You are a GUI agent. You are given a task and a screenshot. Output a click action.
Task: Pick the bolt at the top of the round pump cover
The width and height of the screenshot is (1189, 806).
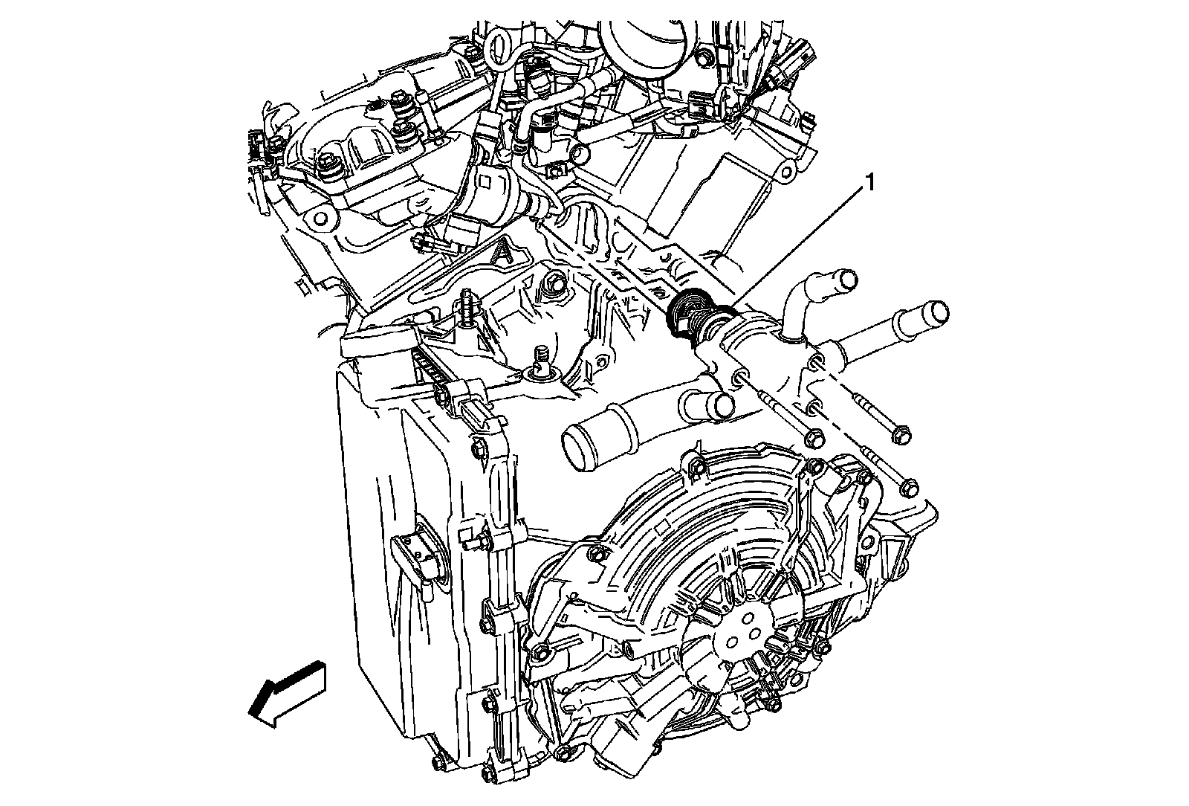click(696, 466)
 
